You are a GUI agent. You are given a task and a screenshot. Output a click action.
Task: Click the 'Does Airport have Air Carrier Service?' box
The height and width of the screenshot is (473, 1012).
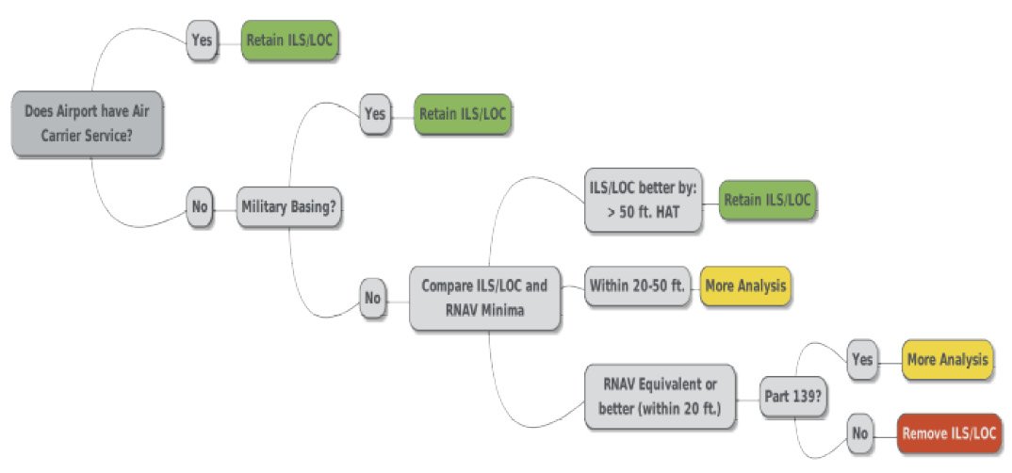87,123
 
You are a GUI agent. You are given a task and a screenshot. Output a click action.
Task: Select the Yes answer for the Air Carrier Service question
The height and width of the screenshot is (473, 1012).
202,41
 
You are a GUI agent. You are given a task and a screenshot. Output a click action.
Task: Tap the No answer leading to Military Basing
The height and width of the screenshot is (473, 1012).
200,206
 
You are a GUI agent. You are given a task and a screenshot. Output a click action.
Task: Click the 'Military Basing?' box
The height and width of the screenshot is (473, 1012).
287,207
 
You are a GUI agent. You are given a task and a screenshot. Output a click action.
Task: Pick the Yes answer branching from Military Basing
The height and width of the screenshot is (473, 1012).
375,113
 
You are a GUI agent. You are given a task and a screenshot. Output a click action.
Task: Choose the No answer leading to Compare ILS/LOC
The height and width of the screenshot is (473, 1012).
373,299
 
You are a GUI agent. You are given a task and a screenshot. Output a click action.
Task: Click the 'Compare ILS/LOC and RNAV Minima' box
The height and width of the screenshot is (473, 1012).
484,297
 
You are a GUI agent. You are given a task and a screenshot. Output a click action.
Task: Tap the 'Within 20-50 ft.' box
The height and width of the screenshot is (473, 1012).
640,285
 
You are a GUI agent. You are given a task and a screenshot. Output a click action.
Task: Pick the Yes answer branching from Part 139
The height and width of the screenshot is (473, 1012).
861,360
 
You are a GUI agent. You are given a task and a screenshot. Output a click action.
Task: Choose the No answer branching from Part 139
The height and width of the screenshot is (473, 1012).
859,434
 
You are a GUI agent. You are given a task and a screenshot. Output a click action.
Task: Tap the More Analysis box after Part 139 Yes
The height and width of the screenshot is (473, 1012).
946,360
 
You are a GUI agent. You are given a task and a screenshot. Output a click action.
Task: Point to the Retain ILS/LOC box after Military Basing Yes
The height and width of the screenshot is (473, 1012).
463,114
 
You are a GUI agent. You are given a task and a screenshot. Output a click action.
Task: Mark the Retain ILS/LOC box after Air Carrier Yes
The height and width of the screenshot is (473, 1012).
288,41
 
